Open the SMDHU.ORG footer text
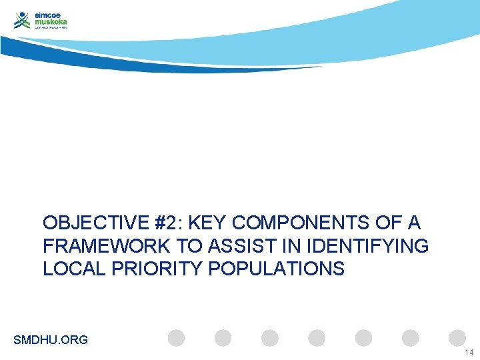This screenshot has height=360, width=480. (x=51, y=340)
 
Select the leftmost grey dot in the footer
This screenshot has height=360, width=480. (x=176, y=338)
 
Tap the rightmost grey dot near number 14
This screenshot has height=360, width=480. (x=457, y=338)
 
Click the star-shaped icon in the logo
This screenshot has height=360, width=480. (x=23, y=20)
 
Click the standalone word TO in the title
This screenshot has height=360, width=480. (x=190, y=246)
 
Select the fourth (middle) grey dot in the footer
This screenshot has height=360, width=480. (x=317, y=338)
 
